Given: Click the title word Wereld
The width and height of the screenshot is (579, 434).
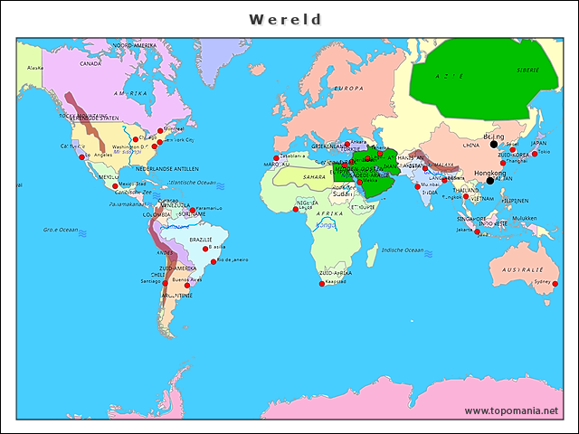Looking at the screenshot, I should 285,19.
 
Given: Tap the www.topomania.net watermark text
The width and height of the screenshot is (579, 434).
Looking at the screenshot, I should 510,411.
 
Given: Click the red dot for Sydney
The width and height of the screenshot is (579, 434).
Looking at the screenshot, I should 555,284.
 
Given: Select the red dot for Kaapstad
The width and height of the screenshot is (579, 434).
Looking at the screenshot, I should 322,284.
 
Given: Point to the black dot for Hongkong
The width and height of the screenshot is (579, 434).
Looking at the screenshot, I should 490,180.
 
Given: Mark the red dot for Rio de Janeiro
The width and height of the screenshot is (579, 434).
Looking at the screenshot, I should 214,262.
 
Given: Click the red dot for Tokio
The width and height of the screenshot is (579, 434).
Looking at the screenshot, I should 535,154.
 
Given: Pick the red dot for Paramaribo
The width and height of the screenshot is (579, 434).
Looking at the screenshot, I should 192,211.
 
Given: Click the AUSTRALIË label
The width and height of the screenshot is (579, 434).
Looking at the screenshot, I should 523,269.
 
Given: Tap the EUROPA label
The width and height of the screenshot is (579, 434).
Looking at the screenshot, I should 349,89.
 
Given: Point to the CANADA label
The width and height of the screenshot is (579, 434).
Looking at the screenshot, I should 90,64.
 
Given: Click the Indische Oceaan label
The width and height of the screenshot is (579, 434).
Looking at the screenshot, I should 403,250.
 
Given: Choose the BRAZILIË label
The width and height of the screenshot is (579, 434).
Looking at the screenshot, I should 200,239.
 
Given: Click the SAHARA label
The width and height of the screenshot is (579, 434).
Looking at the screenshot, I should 313,177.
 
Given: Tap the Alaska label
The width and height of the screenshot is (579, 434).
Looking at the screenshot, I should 35,68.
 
